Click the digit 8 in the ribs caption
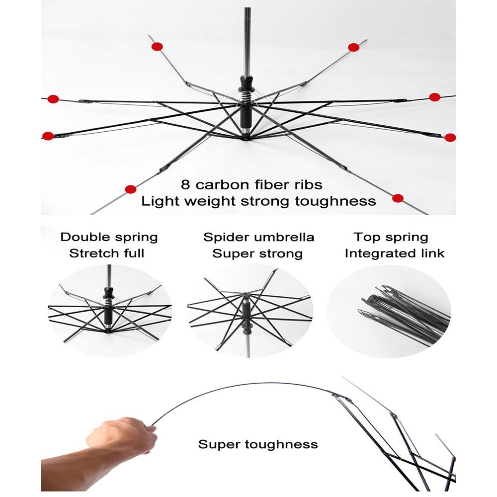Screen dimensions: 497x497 (x=185, y=184)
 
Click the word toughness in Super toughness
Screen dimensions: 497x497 (x=281, y=445)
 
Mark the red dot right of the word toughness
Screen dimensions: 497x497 (x=398, y=198)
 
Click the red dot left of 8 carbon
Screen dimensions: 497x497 (x=131, y=189)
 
